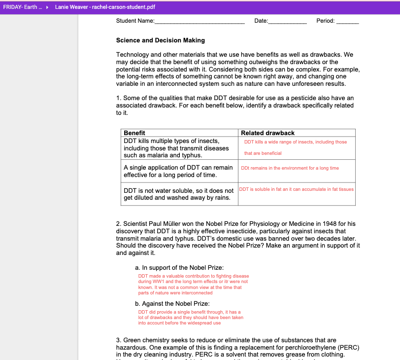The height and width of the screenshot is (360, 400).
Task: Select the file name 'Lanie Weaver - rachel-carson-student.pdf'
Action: (105, 7)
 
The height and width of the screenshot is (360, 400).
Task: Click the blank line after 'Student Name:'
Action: (200, 21)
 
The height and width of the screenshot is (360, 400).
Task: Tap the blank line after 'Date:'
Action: (287, 21)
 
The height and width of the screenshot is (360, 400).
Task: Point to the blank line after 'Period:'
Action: (347, 21)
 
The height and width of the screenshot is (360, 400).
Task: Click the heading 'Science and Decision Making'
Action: (161, 40)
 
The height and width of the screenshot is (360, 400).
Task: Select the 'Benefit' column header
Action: (134, 133)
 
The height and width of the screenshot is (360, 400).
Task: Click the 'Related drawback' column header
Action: (267, 133)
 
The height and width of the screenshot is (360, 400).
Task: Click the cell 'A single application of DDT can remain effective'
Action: (178, 171)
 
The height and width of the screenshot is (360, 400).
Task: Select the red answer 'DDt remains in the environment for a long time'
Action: (290, 168)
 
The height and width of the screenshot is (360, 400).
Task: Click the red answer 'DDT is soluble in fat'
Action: (297, 189)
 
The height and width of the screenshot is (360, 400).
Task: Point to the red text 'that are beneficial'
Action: (263, 153)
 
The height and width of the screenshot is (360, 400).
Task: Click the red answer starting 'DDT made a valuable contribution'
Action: (193, 285)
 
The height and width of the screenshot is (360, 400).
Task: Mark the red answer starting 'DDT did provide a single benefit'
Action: (190, 318)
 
